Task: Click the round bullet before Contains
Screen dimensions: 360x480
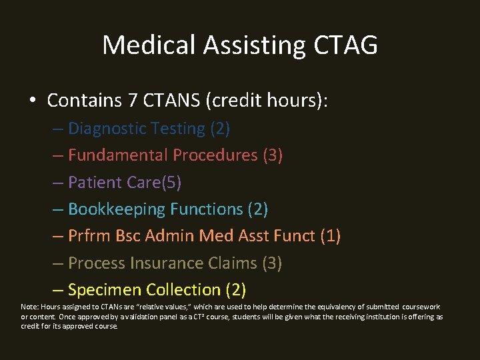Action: [x=33, y=101]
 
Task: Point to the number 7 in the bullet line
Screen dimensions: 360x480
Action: [x=129, y=101]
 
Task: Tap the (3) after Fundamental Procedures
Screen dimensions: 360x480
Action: [x=273, y=155]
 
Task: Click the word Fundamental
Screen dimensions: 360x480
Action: [x=118, y=155]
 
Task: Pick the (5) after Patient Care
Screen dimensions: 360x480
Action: [x=170, y=183]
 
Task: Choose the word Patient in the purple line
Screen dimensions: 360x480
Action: [x=95, y=183]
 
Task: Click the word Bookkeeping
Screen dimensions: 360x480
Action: [x=117, y=209]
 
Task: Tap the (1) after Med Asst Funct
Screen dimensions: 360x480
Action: [x=330, y=236]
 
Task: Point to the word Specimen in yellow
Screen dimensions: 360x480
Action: [x=105, y=291]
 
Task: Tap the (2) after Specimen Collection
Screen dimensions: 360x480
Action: [x=236, y=290]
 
